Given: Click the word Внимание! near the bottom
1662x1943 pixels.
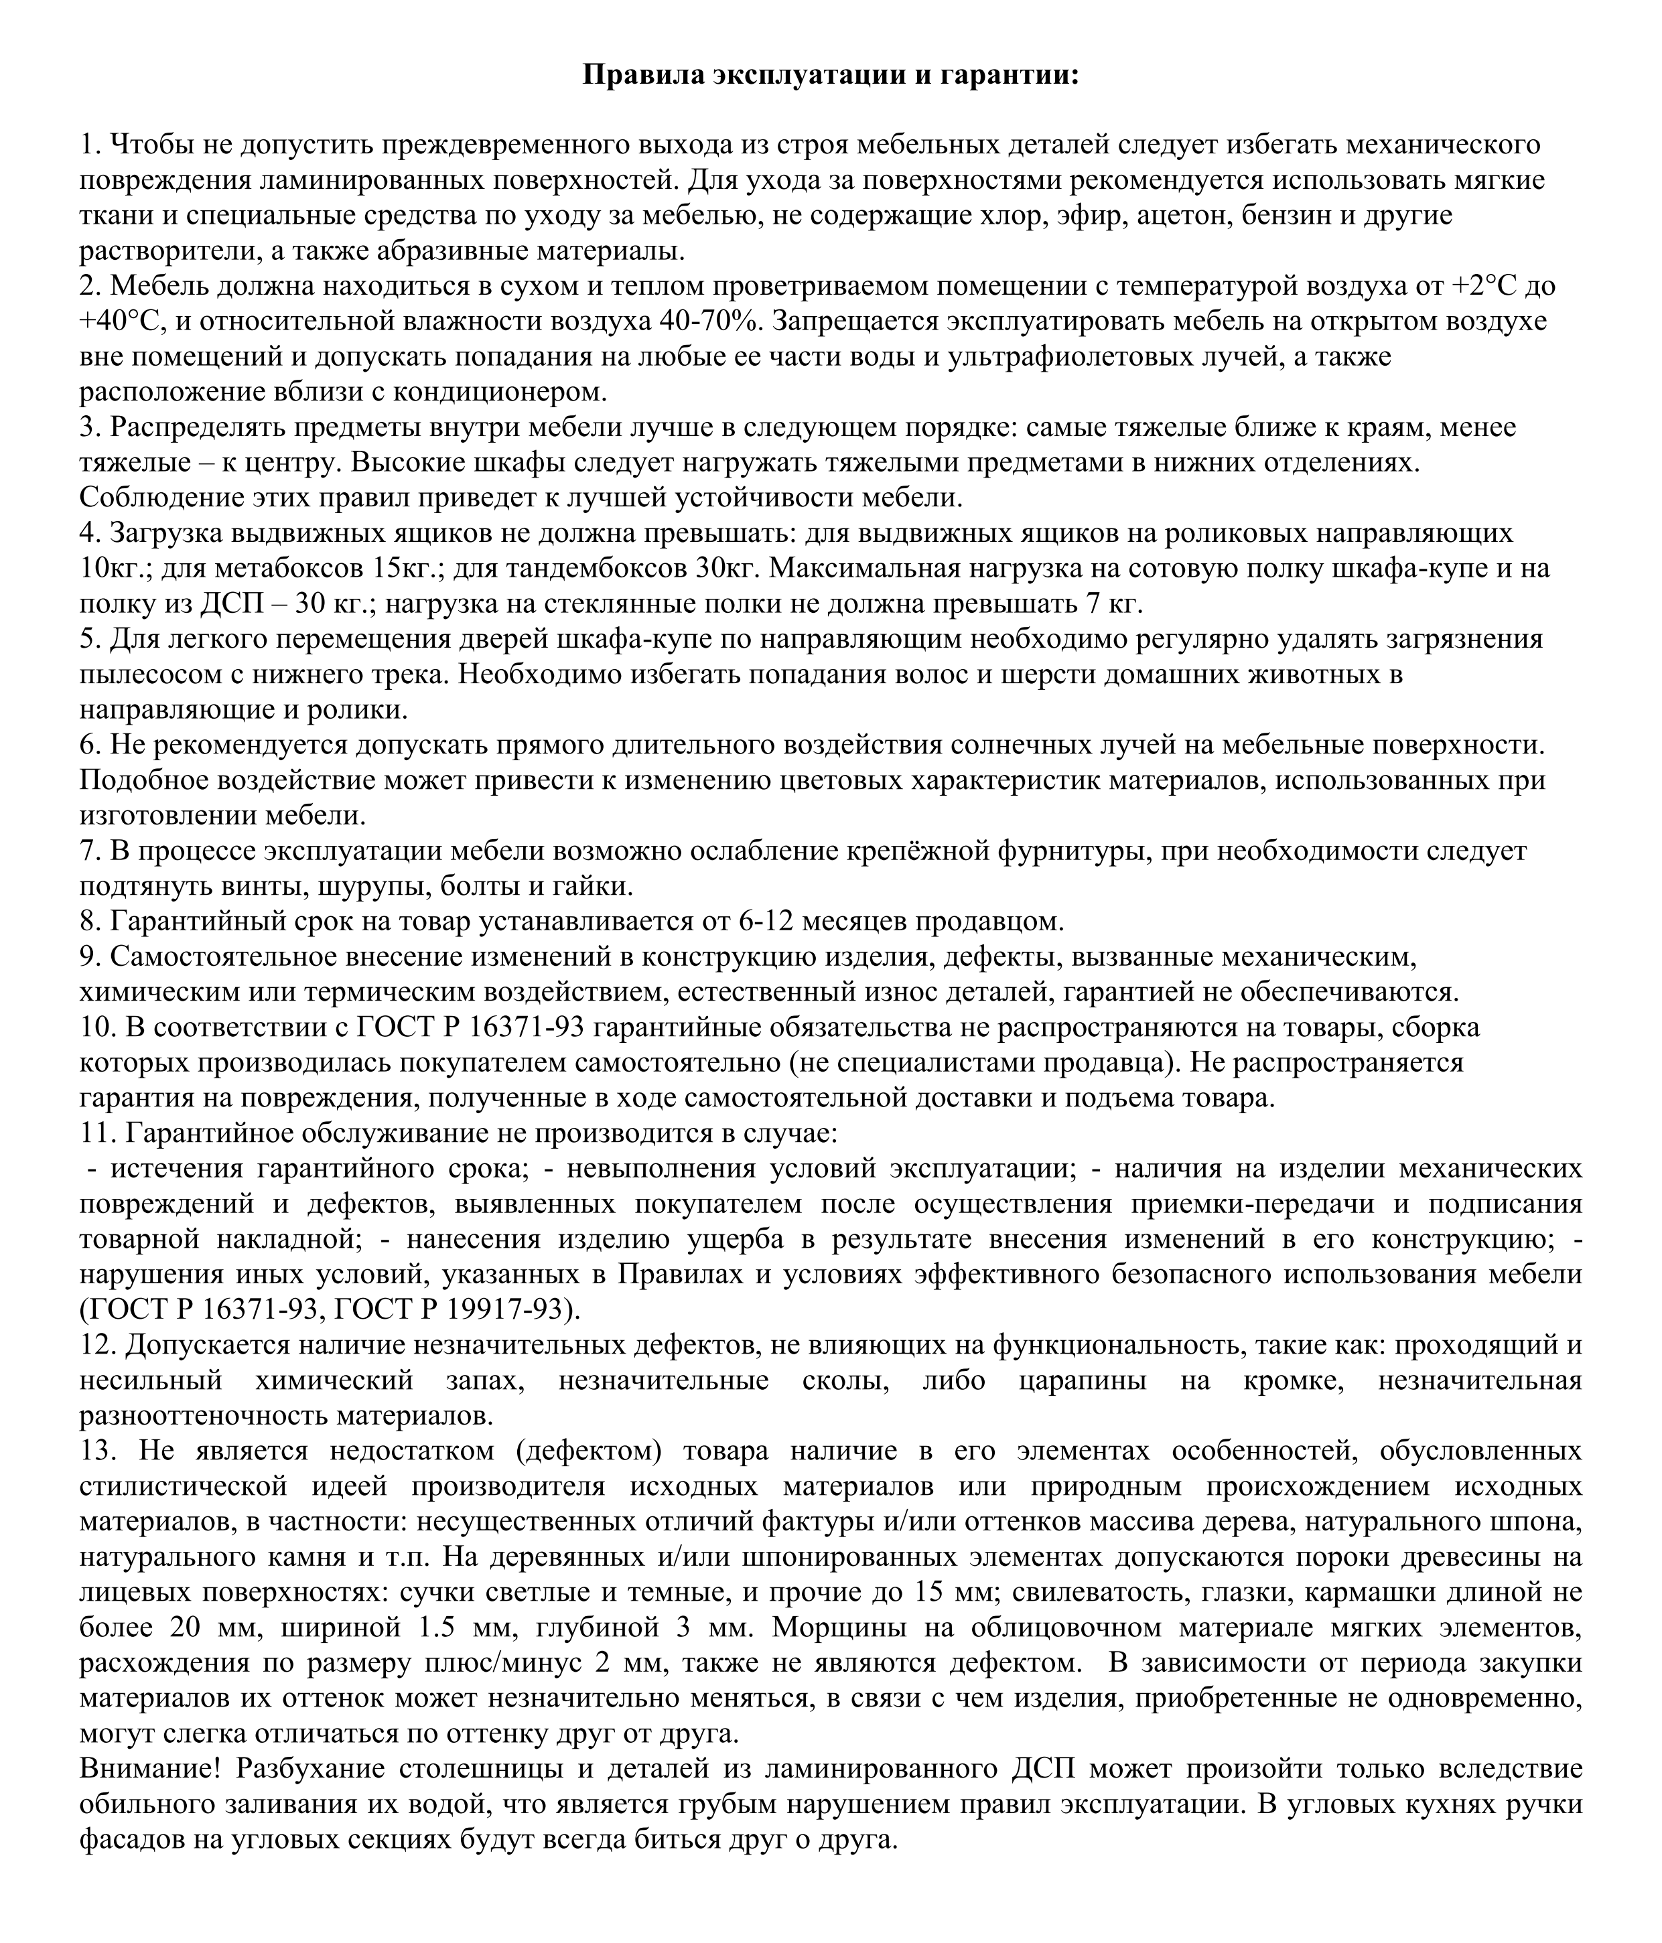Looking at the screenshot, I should click(149, 1769).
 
